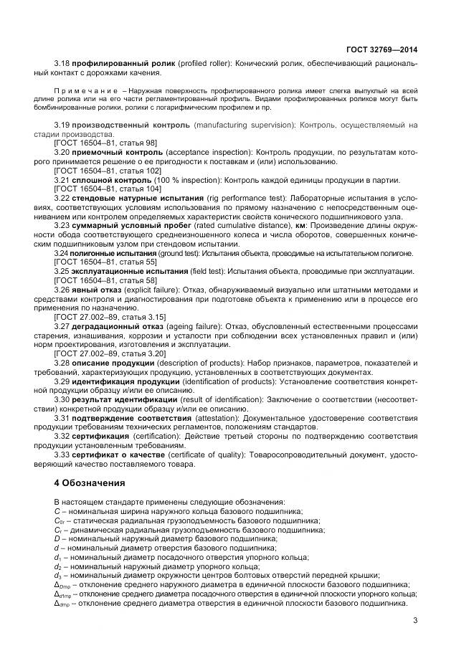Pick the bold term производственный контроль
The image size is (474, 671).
131,125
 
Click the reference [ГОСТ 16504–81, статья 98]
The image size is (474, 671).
105,143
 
